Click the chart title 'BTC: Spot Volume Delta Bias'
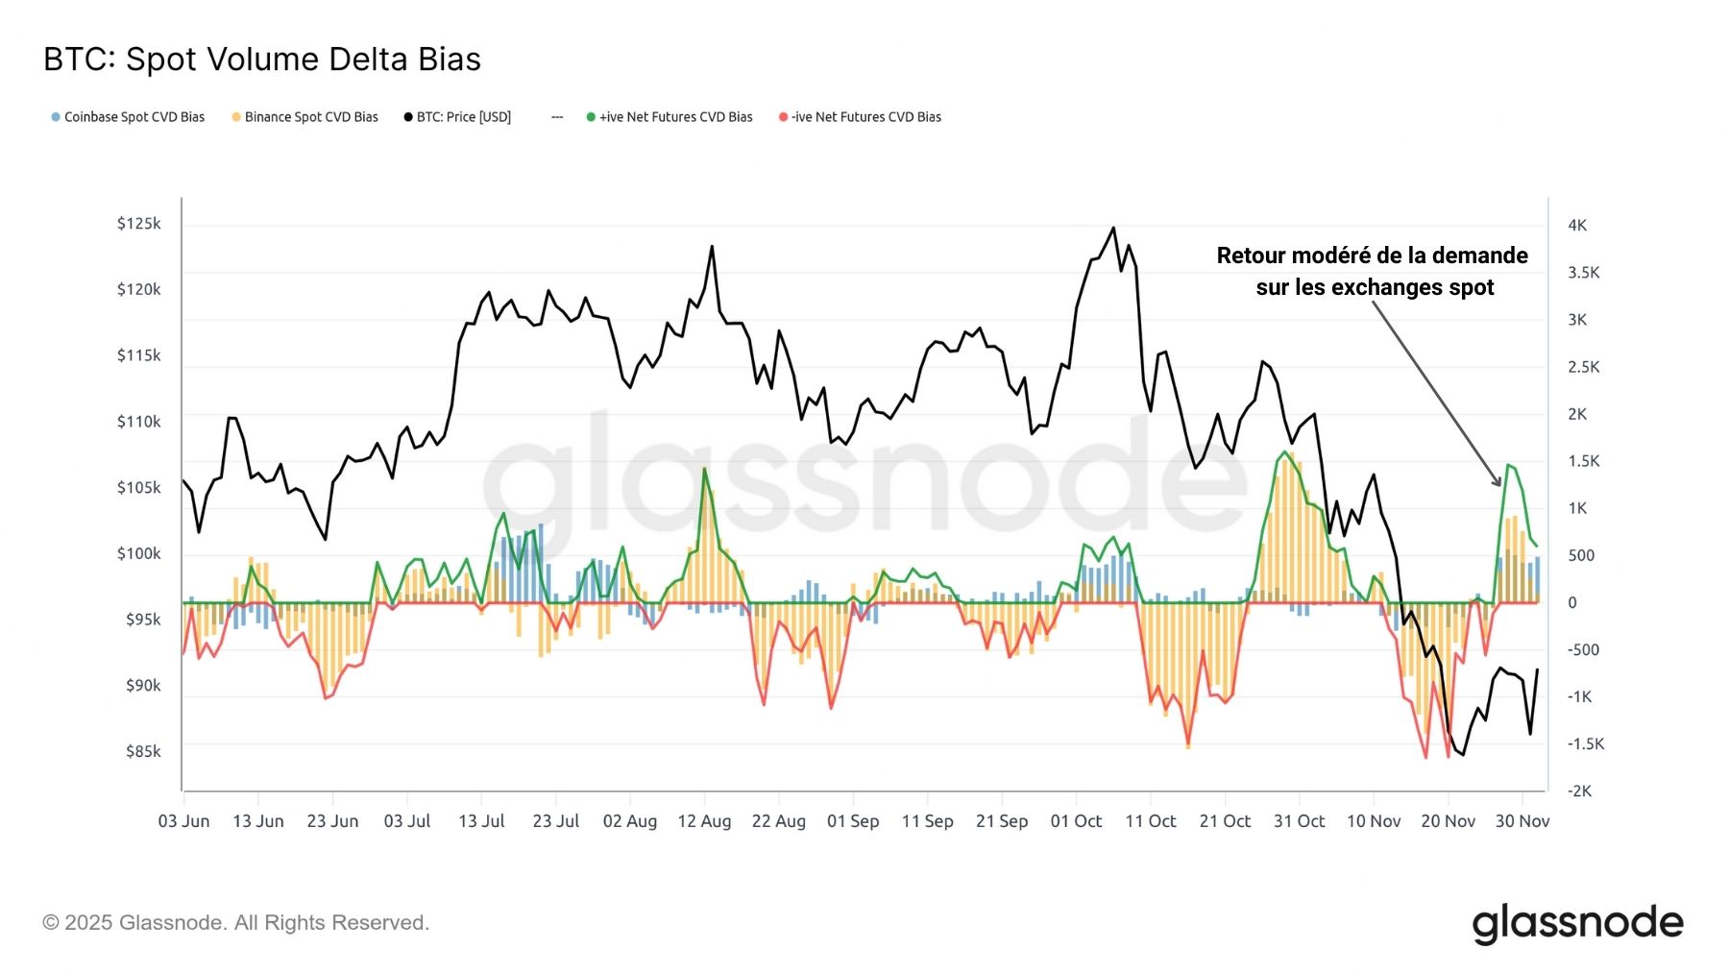[262, 60]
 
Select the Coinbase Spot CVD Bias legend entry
[128, 117]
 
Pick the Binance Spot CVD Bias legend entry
[304, 117]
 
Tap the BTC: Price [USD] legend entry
[457, 117]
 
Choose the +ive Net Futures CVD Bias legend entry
[670, 117]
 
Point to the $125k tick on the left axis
[139, 224]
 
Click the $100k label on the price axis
[139, 553]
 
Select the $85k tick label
[143, 751]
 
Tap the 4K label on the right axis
[1577, 226]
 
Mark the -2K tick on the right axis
[1579, 791]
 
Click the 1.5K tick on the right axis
[1583, 461]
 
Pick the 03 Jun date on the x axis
[183, 821]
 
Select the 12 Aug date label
[704, 821]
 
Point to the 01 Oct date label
[1076, 821]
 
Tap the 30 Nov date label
[1522, 821]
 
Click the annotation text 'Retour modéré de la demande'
[1372, 255]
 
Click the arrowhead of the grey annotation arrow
[1498, 483]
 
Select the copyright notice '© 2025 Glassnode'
[235, 923]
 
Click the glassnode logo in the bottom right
[1577, 923]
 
